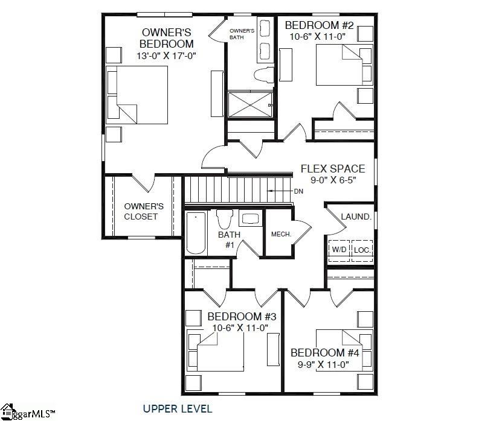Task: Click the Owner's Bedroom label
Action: [167, 38]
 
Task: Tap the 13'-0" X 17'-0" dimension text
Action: [166, 56]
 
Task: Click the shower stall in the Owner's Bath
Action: [250, 104]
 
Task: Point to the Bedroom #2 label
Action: [319, 25]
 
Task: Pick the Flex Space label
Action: [333, 168]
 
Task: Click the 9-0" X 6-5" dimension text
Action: [333, 180]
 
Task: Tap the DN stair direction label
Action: [298, 191]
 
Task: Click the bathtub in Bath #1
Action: [196, 233]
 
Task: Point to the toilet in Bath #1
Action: [224, 219]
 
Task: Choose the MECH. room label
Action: [281, 234]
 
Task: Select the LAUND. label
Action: [356, 217]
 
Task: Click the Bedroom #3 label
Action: [242, 317]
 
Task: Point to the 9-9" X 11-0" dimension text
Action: [323, 364]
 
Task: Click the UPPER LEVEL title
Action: [178, 408]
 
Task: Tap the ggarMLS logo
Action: [27, 412]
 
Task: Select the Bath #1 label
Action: [229, 239]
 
